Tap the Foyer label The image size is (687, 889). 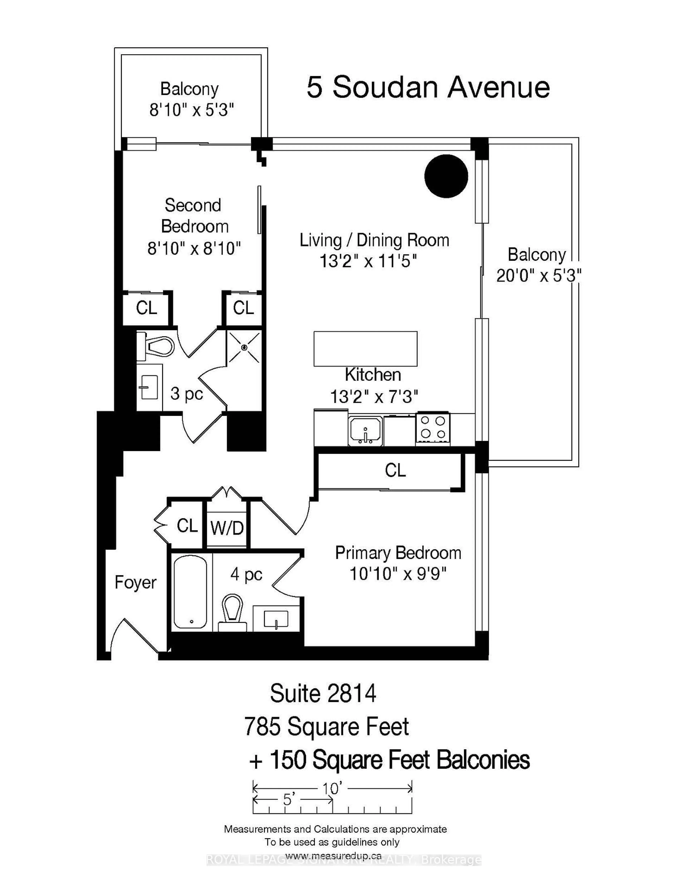tap(135, 582)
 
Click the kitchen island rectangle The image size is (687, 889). tap(365, 348)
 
